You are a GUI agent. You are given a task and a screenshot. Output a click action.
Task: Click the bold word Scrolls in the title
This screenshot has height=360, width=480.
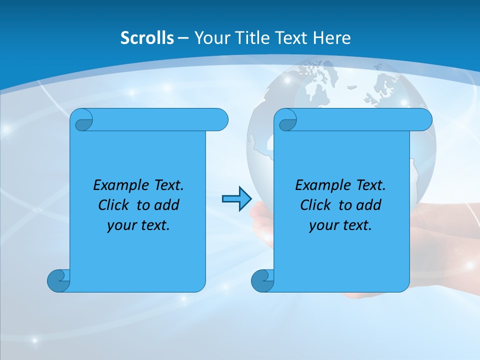click(147, 38)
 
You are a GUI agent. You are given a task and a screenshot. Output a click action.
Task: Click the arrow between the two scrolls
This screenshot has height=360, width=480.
click(236, 199)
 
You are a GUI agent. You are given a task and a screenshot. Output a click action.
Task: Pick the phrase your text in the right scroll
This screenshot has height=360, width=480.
click(340, 225)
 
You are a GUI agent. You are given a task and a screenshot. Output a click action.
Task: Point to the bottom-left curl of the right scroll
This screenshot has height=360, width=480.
click(263, 280)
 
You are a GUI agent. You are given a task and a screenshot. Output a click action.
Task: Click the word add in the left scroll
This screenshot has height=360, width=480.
click(167, 205)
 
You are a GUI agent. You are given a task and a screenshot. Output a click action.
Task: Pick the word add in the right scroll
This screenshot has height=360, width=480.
click(369, 205)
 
